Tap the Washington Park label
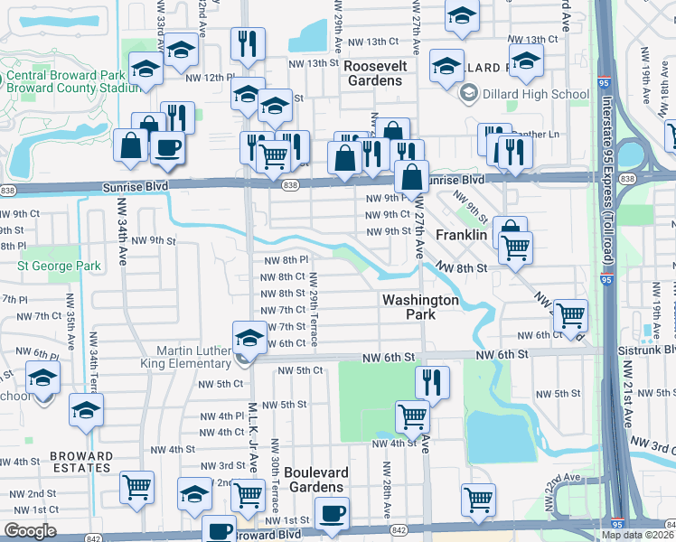click(420, 307)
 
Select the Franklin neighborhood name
click(462, 235)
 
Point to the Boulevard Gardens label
click(315, 480)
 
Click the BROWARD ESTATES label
click(81, 463)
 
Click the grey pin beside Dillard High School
click(469, 93)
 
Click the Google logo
click(30, 531)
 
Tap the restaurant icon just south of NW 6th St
click(433, 383)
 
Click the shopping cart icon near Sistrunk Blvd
click(570, 316)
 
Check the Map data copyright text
click(636, 535)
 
